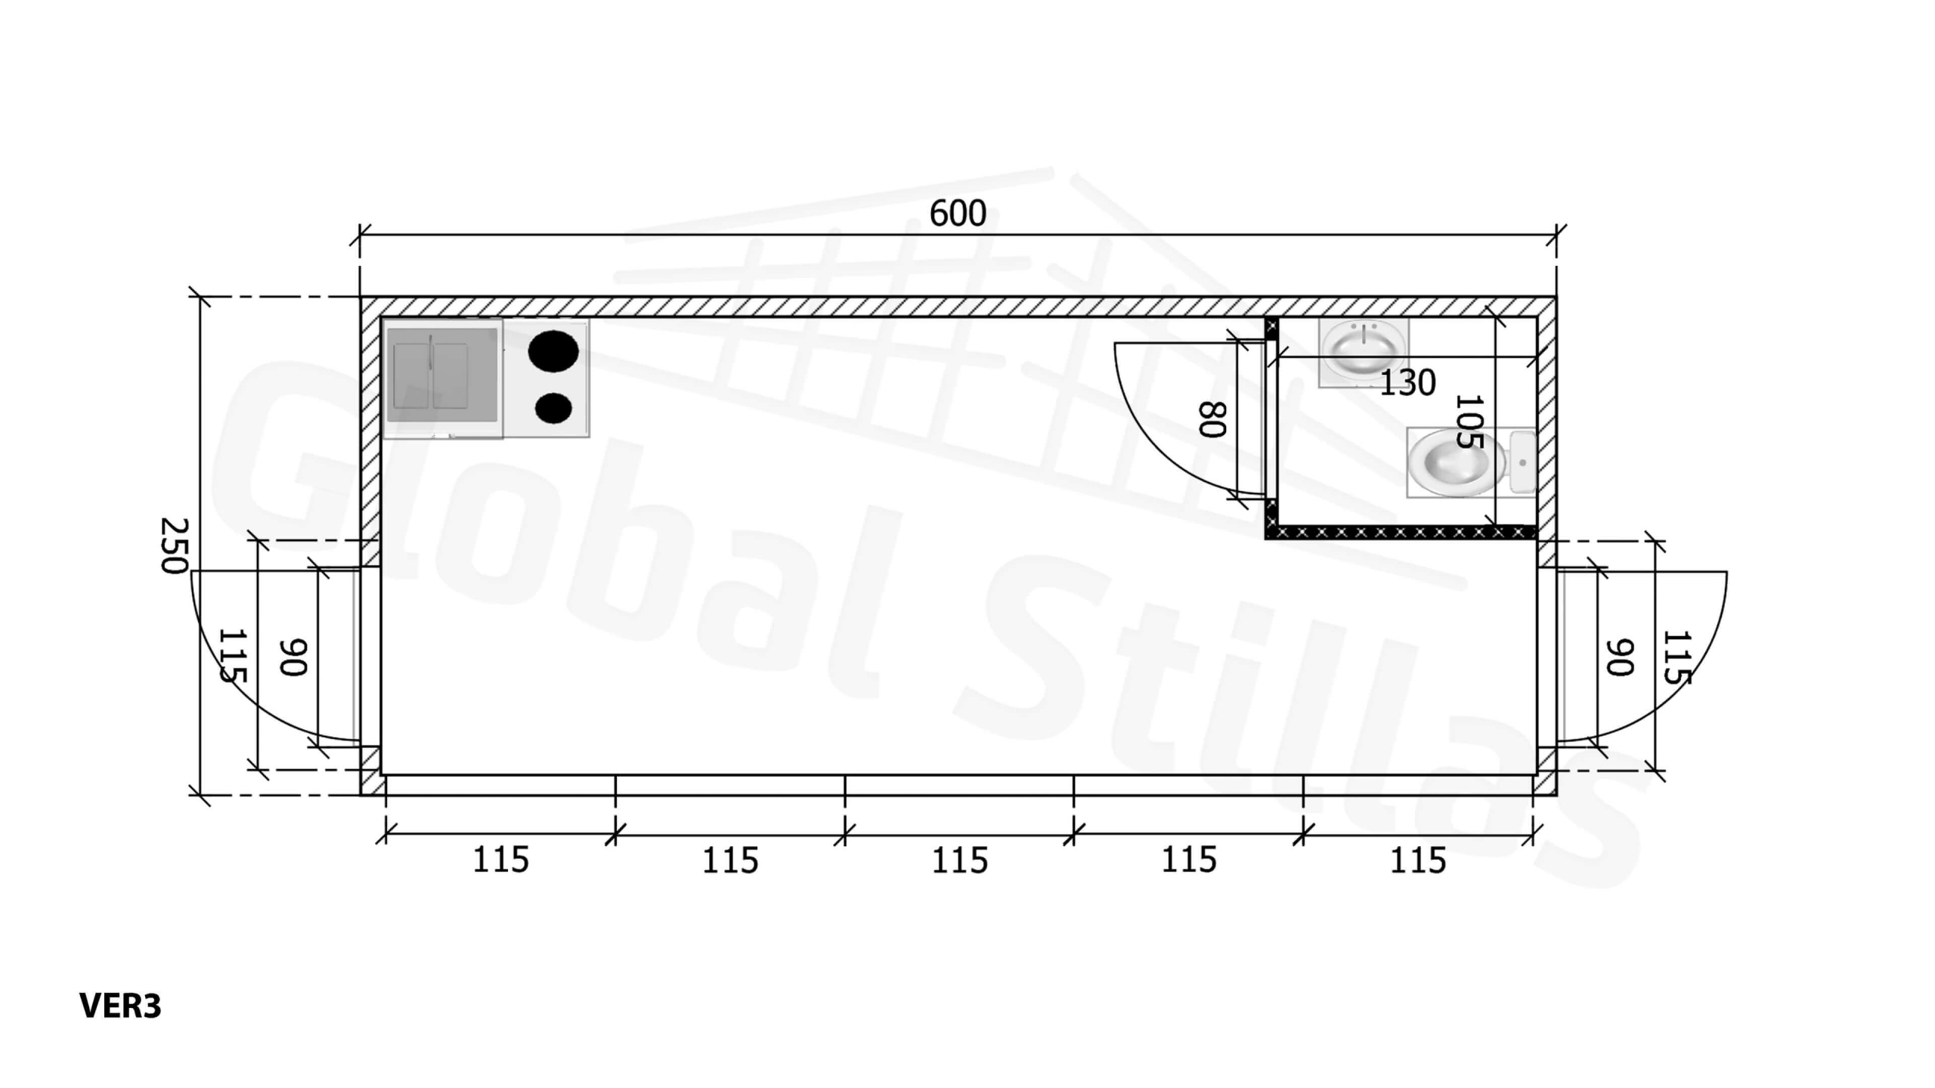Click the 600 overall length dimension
click(x=958, y=213)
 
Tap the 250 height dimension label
click(x=175, y=546)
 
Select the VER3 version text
click(x=120, y=1006)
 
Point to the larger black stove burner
click(x=553, y=351)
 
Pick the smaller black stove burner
click(x=553, y=408)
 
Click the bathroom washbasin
click(x=1364, y=352)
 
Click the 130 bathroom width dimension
click(x=1407, y=383)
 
